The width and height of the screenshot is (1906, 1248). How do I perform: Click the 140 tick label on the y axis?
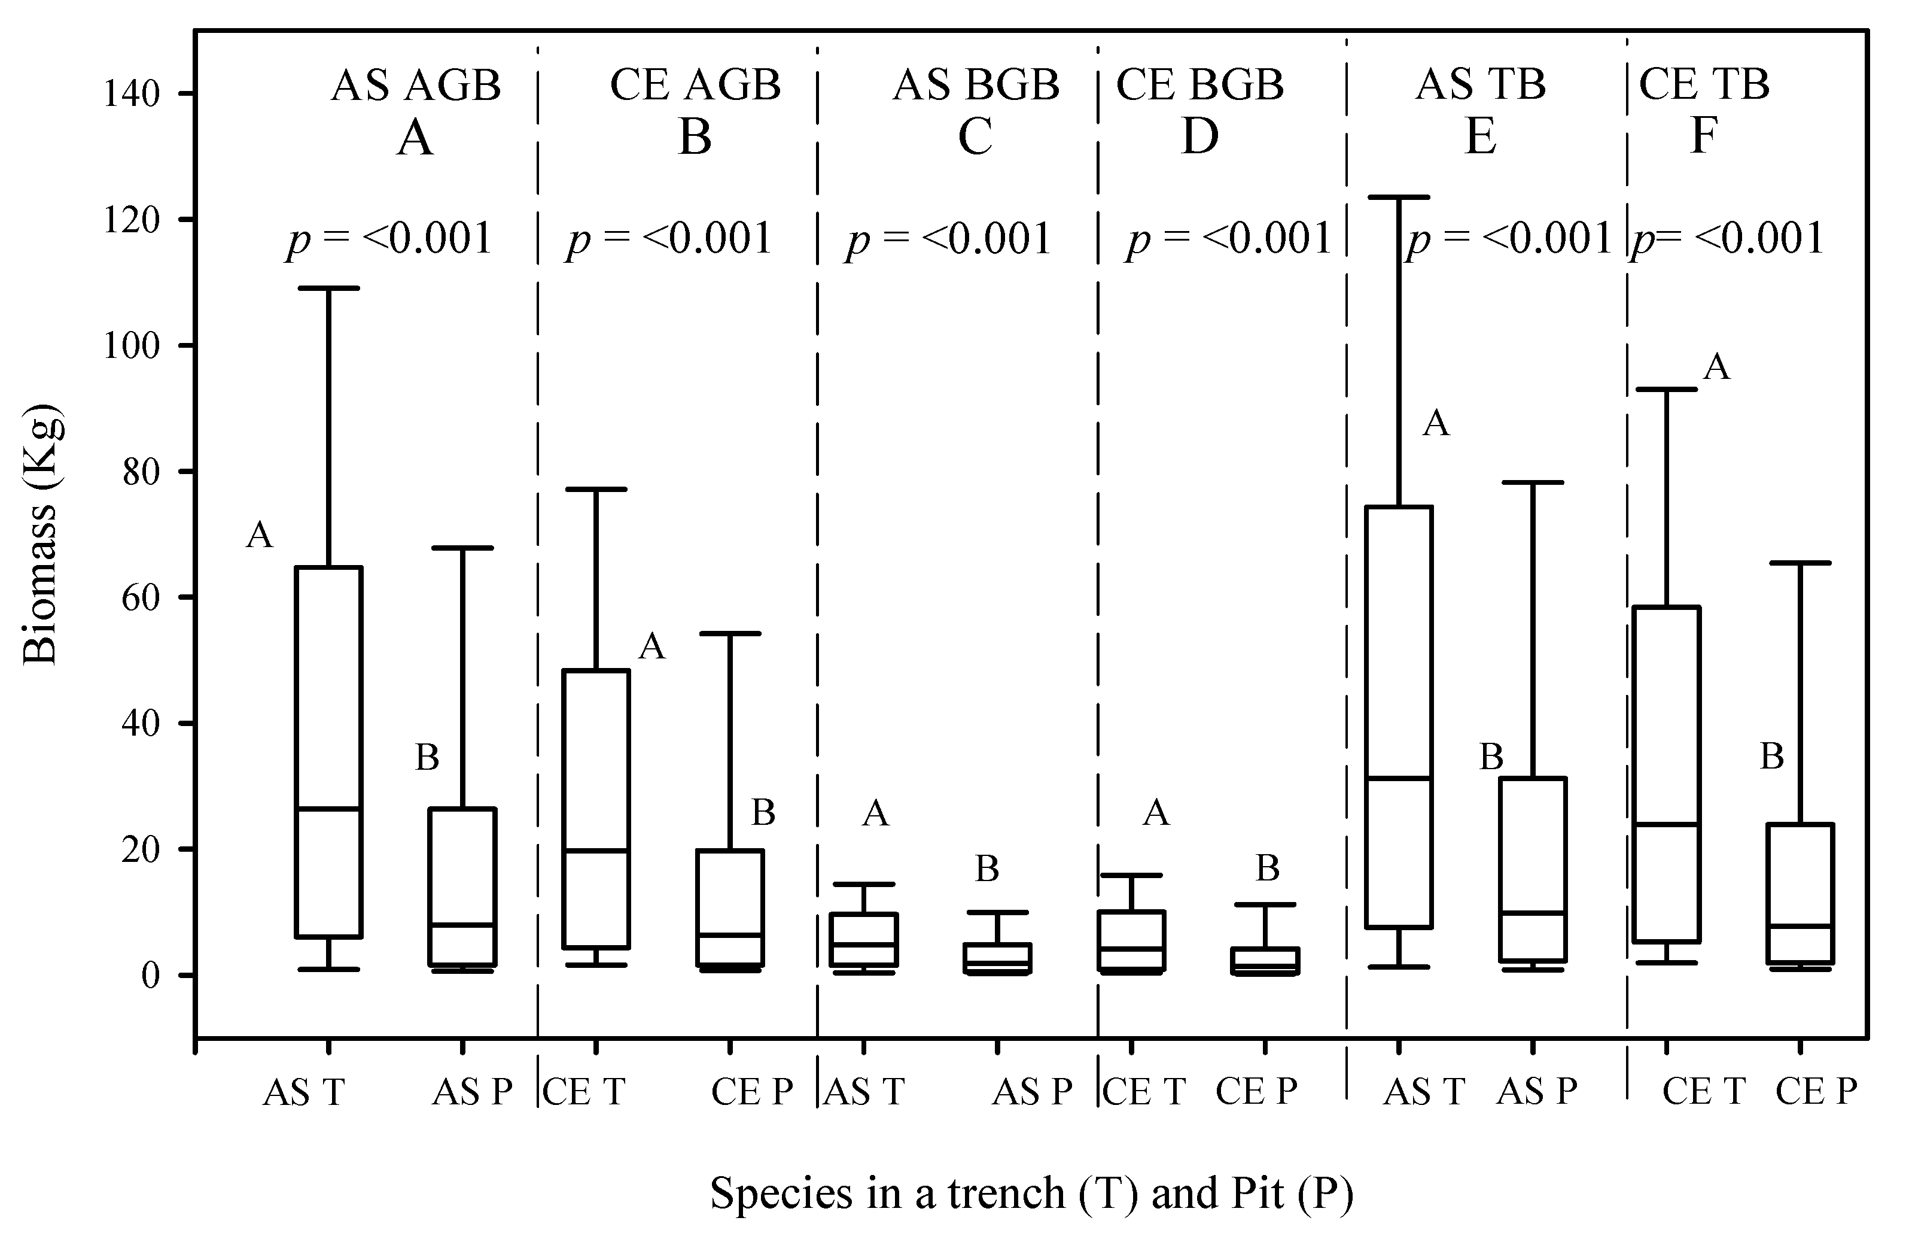point(132,95)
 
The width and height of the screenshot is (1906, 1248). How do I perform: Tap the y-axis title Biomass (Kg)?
point(40,535)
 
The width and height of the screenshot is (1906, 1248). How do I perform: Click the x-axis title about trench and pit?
point(1031,1193)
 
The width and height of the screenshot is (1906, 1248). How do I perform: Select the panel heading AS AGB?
point(416,85)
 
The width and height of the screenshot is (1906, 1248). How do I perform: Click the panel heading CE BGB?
point(1199,85)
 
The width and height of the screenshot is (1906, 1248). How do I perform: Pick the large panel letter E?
point(1480,136)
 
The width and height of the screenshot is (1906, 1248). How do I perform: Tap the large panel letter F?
point(1703,136)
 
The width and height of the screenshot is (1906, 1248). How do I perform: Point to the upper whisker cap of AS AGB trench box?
point(329,287)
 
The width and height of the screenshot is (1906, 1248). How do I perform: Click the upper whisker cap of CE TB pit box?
point(1800,563)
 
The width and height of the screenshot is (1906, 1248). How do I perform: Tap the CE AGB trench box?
point(596,809)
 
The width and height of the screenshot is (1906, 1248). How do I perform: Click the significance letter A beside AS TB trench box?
point(1436,423)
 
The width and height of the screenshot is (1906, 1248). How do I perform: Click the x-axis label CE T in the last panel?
point(1703,1091)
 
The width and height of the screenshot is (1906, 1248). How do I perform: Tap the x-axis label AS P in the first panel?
point(471,1091)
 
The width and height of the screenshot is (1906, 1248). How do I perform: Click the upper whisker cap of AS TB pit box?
point(1533,482)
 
